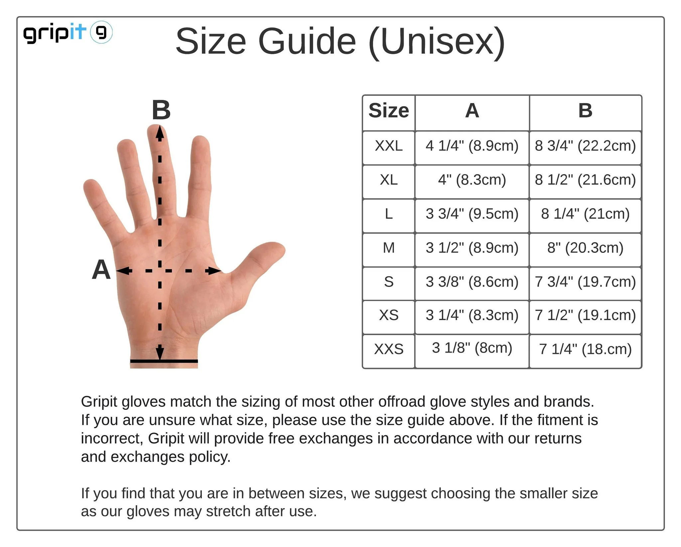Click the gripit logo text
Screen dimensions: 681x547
coord(54,33)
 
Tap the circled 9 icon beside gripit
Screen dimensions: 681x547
coord(101,32)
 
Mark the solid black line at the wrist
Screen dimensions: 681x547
coord(164,361)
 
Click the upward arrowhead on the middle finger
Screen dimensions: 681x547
coord(160,132)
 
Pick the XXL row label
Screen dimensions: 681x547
coord(389,146)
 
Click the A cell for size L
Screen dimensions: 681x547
coord(472,214)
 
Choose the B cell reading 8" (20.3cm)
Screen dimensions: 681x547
coord(585,248)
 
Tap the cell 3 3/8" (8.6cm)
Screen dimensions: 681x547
coord(472,281)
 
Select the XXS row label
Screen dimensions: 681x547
coord(389,349)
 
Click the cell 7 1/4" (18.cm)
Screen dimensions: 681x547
coord(585,349)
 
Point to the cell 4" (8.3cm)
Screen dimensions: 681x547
coord(472,180)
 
